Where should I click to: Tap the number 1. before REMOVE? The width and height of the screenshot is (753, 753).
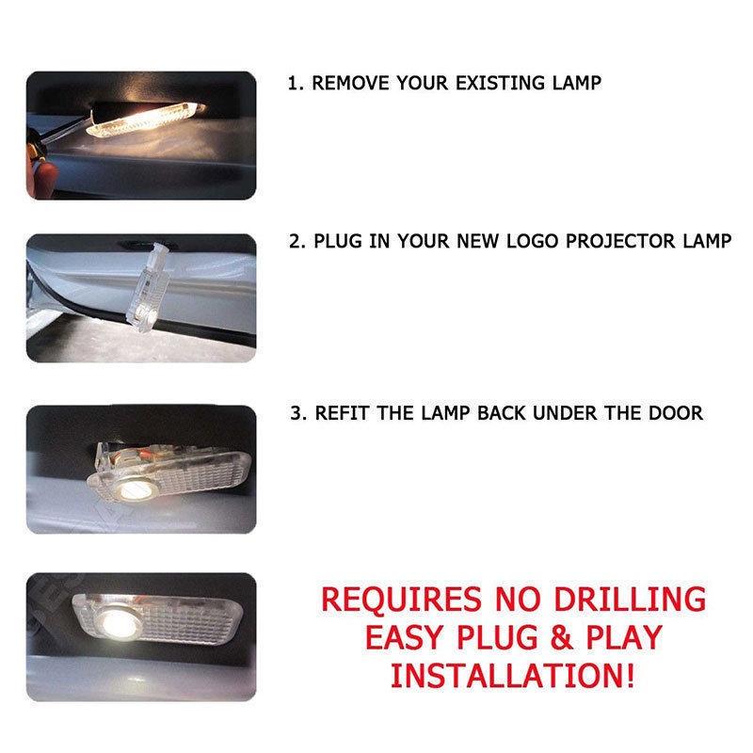(296, 83)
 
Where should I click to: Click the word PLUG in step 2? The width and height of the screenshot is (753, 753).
(343, 241)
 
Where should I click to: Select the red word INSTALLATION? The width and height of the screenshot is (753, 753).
(513, 674)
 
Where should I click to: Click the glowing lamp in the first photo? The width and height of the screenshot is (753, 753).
(141, 118)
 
